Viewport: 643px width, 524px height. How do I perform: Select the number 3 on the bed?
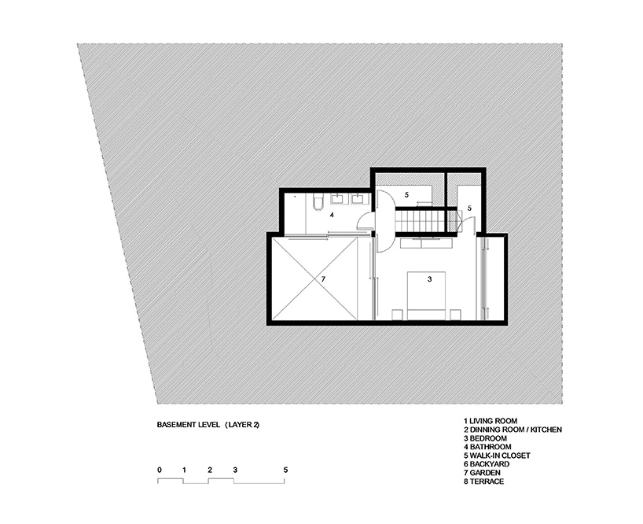tap(429, 279)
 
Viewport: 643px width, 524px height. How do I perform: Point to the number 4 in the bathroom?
tap(333, 214)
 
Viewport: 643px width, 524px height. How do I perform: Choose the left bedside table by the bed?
tap(397, 315)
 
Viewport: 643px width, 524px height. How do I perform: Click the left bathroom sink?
tap(340, 198)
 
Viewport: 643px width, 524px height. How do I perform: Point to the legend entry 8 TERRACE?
tap(484, 481)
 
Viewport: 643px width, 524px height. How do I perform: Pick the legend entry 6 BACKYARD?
tap(491, 463)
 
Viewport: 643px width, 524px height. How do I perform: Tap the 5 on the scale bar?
tap(286, 470)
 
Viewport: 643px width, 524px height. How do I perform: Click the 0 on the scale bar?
tap(160, 470)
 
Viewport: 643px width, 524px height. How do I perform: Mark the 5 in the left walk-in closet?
tap(407, 194)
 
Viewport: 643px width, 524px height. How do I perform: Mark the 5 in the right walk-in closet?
tap(468, 208)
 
